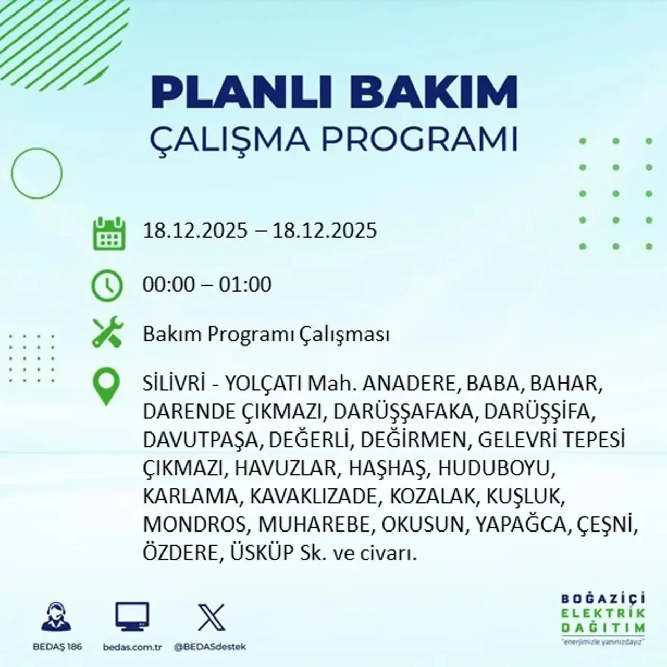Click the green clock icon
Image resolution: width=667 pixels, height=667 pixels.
click(107, 286)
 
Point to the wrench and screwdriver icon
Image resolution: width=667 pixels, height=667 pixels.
click(107, 333)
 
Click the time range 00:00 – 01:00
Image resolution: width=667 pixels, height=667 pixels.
click(207, 285)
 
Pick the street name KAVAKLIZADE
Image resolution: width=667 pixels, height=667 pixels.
click(313, 496)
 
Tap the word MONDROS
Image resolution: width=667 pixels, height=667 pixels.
click(194, 524)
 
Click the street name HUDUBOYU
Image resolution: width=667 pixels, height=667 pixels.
click(494, 468)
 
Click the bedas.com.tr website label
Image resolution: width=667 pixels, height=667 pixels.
click(132, 647)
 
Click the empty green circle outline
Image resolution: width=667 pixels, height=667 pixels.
click(36, 173)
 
